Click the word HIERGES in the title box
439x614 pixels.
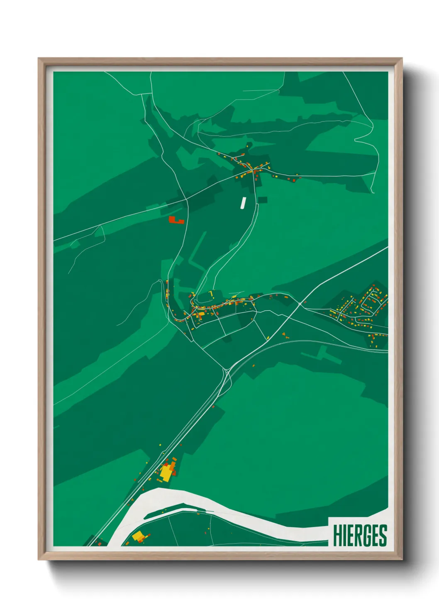360,536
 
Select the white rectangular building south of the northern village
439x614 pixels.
243,202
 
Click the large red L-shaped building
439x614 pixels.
176,220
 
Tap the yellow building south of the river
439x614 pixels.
138,536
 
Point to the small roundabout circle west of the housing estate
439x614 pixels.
300,304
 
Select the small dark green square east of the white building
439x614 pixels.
262,200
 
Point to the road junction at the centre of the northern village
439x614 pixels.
252,171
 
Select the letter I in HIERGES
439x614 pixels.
344,536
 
